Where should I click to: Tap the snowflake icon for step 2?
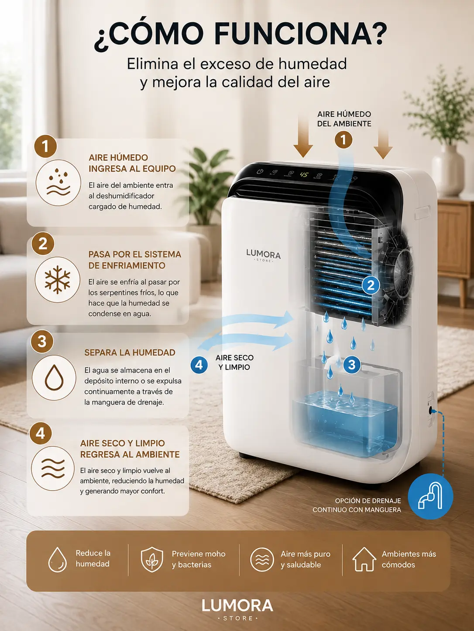pyautogui.click(x=58, y=279)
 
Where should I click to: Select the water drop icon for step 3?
pyautogui.click(x=54, y=377)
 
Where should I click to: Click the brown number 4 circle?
pyautogui.click(x=41, y=433)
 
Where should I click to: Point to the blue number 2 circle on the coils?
pyautogui.click(x=371, y=285)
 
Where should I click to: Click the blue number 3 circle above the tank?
pyautogui.click(x=352, y=365)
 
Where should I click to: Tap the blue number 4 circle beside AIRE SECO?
pyautogui.click(x=199, y=365)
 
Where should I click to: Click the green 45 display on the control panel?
pyautogui.click(x=304, y=174)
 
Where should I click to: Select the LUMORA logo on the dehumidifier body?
pyautogui.click(x=263, y=255)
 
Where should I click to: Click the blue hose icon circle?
pyautogui.click(x=430, y=496)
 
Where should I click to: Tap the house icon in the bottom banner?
pyautogui.click(x=364, y=559)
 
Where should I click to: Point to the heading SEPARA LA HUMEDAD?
pyautogui.click(x=130, y=353)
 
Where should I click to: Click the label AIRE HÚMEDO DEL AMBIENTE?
pyautogui.click(x=344, y=119)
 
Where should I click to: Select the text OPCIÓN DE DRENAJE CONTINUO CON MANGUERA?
pyautogui.click(x=357, y=505)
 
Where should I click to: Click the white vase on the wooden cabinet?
pyautogui.click(x=448, y=170)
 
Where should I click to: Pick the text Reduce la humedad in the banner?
pyautogui.click(x=93, y=558)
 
